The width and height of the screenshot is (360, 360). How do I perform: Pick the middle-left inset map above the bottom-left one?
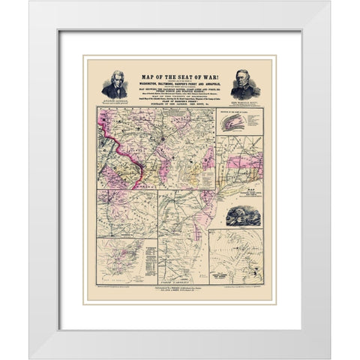(x=126, y=213)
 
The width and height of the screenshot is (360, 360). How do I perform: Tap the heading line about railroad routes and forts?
(x=180, y=88)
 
